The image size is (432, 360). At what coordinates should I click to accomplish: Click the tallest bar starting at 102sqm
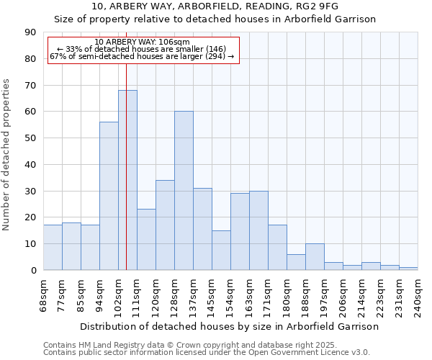click(x=127, y=180)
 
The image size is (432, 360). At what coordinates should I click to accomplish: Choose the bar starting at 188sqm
click(x=315, y=257)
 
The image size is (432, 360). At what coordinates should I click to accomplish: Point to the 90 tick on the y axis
click(x=30, y=32)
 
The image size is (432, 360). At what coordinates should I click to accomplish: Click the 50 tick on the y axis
click(x=30, y=138)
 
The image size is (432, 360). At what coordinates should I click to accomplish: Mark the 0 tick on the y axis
click(x=33, y=270)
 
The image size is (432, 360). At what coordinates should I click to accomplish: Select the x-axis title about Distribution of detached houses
click(x=229, y=326)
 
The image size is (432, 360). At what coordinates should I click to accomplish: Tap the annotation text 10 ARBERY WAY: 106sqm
click(x=142, y=42)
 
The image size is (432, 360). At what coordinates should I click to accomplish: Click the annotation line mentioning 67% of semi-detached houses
click(x=142, y=56)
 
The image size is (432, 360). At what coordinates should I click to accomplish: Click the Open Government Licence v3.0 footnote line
click(x=207, y=353)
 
